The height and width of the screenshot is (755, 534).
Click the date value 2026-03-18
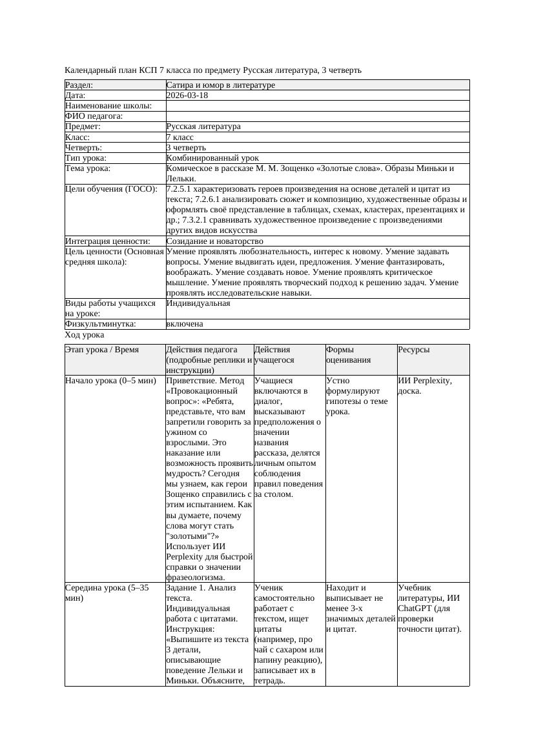pyautogui.click(x=187, y=96)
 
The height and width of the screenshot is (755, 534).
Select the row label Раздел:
pyautogui.click(x=79, y=85)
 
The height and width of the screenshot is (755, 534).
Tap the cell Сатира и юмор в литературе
pyautogui.click(x=220, y=85)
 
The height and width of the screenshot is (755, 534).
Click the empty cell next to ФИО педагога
pyautogui.click(x=316, y=116)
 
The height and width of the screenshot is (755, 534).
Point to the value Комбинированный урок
pyautogui.click(x=212, y=158)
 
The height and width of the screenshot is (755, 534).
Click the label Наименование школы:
pyautogui.click(x=108, y=106)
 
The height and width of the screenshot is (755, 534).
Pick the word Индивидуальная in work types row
pyautogui.click(x=198, y=303)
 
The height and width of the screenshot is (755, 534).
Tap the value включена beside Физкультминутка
pyautogui.click(x=185, y=324)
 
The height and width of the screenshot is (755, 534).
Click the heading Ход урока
pyautogui.click(x=85, y=336)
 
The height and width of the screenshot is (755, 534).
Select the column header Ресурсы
pyautogui.click(x=413, y=350)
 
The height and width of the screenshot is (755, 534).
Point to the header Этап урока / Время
pyautogui.click(x=102, y=350)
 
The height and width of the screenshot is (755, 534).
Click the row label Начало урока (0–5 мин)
pyautogui.click(x=110, y=381)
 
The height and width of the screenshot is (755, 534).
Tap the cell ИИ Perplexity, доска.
pyautogui.click(x=424, y=386)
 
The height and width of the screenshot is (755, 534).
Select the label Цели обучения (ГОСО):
pyautogui.click(x=111, y=190)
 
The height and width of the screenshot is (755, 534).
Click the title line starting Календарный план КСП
pyautogui.click(x=213, y=70)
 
